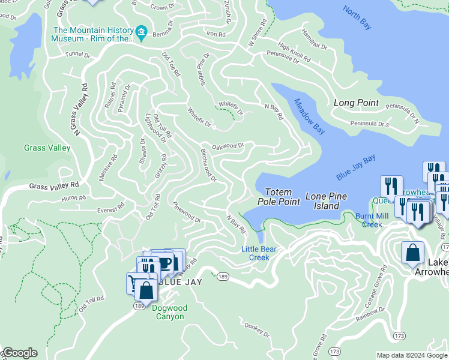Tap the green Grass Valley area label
pos(44,148)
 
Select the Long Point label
pos(356,103)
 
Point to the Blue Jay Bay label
pos(355,167)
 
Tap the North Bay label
pos(357,17)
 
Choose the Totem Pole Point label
pos(279,197)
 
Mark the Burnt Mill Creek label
pos(372,220)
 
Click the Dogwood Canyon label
pos(169,312)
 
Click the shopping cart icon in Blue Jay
pos(134,282)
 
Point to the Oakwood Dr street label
pos(228,145)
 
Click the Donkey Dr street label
pos(258,329)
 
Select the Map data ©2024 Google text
pos(411,355)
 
